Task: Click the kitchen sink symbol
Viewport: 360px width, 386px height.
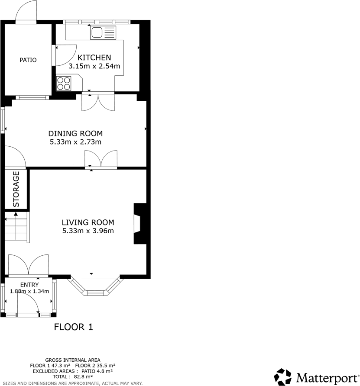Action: (104, 32)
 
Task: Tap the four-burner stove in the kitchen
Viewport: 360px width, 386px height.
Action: (63, 83)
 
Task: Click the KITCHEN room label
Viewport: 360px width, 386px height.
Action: (94, 58)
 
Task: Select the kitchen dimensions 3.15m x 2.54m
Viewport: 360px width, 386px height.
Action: (94, 66)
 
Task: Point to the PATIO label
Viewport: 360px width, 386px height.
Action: (28, 60)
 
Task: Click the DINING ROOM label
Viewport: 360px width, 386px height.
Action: (75, 133)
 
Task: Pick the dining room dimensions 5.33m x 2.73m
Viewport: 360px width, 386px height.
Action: (75, 142)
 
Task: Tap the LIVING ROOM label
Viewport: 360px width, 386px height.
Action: (88, 222)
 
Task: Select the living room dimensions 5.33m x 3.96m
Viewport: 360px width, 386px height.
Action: (88, 231)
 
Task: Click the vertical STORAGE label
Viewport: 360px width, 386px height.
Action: (16, 189)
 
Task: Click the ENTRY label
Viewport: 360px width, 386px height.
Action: (29, 285)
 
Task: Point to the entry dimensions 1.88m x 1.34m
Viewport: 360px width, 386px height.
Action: (29, 291)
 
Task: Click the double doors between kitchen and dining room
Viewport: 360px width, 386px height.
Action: (98, 102)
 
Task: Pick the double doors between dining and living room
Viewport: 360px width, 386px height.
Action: (101, 159)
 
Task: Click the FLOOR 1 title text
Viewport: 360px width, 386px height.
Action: (73, 327)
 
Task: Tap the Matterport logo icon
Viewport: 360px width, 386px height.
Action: (283, 376)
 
